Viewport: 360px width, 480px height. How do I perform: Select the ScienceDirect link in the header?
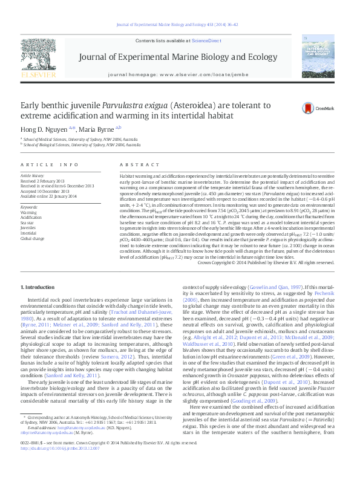point(205,40)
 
